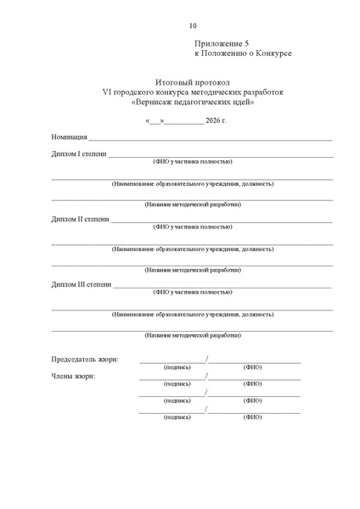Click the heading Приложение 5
(x=222, y=42)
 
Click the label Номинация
(x=67, y=137)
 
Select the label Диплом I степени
(x=78, y=153)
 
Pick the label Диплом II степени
(x=80, y=219)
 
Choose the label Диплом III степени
(x=81, y=284)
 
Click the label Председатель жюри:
(x=85, y=360)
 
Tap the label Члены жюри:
(x=73, y=376)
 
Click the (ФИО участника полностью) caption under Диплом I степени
(x=193, y=161)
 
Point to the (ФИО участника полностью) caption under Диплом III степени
(x=193, y=293)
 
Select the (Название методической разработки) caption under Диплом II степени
(x=193, y=271)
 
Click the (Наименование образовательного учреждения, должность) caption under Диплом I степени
(x=193, y=183)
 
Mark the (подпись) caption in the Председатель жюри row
(x=177, y=367)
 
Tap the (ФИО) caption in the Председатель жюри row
(x=252, y=367)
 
